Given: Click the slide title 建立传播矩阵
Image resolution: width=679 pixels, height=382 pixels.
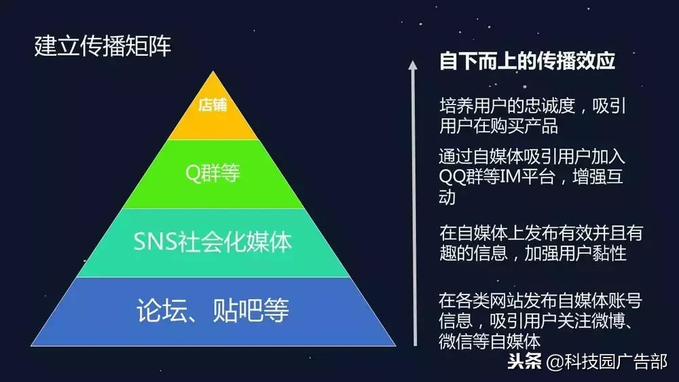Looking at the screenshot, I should (103, 46).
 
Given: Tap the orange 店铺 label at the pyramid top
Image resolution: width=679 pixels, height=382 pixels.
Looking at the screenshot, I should (213, 106).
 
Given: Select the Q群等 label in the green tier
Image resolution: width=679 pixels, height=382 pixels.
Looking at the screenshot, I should (213, 174).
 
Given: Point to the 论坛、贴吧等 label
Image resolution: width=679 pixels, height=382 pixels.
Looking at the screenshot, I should (213, 311).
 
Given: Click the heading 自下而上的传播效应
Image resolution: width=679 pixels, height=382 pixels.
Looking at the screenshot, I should (528, 62).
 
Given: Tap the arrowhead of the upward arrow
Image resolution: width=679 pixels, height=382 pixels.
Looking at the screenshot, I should (411, 64).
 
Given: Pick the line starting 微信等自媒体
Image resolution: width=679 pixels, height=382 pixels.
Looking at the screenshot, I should (490, 340).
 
